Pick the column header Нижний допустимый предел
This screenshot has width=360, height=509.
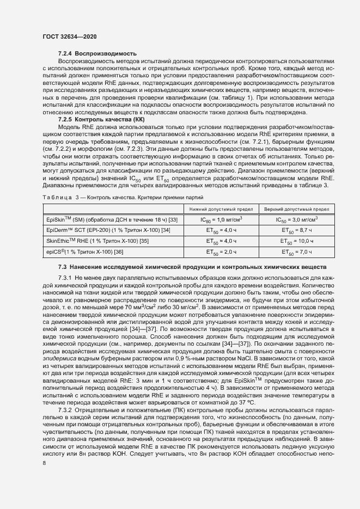coord(221,209)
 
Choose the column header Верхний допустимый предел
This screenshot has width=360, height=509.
coord(296,209)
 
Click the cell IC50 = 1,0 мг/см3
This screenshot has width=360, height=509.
coord(221,220)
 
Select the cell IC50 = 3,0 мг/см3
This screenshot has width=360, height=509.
coord(296,220)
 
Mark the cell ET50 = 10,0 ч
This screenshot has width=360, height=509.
coord(296,241)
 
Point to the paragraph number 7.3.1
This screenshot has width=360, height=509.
coord(66,278)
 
